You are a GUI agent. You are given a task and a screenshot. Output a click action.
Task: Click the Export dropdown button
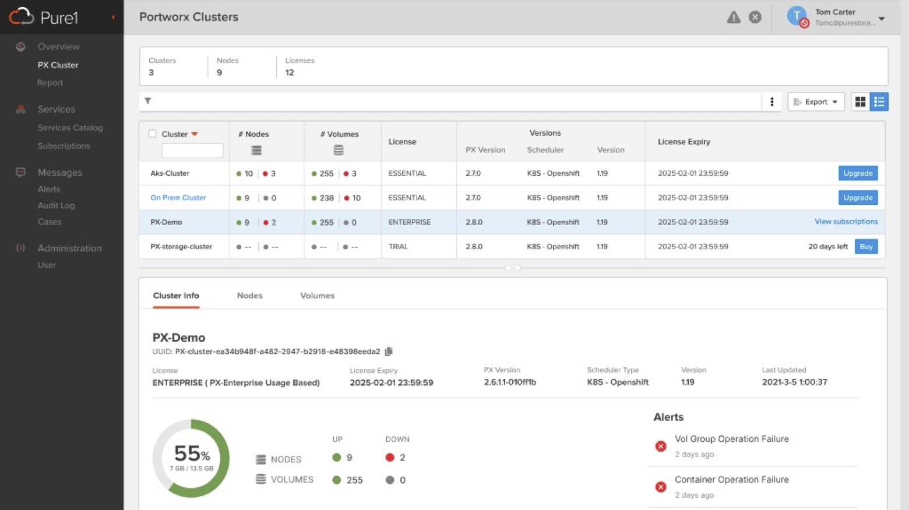(816, 102)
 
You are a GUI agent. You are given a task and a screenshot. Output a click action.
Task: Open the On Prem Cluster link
(178, 198)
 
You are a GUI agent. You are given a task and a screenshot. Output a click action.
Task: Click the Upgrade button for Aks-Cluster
(858, 173)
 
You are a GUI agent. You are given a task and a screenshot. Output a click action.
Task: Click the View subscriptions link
(845, 222)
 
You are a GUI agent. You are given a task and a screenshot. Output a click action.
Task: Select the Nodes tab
(249, 296)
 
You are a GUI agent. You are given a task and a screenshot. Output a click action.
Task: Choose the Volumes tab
(317, 296)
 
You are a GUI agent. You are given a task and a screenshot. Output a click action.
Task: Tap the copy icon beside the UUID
(389, 352)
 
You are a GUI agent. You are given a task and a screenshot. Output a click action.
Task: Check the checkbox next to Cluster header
(153, 134)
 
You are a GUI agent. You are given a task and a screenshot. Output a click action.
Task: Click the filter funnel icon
(148, 101)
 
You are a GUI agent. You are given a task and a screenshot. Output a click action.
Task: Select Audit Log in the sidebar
(56, 206)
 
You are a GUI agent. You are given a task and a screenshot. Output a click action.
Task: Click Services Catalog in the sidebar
(70, 127)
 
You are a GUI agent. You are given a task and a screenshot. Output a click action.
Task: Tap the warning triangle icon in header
(734, 17)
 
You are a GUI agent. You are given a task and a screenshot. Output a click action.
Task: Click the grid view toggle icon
(860, 102)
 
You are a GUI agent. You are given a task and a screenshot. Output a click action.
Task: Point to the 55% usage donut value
(191, 454)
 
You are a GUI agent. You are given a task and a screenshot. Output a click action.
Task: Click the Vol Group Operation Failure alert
(731, 439)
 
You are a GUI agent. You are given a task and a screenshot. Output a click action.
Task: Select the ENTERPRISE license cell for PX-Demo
(410, 222)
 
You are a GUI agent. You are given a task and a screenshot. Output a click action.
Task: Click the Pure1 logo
(44, 17)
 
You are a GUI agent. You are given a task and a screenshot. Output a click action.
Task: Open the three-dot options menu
(772, 102)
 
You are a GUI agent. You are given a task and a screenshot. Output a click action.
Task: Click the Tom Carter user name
(835, 12)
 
